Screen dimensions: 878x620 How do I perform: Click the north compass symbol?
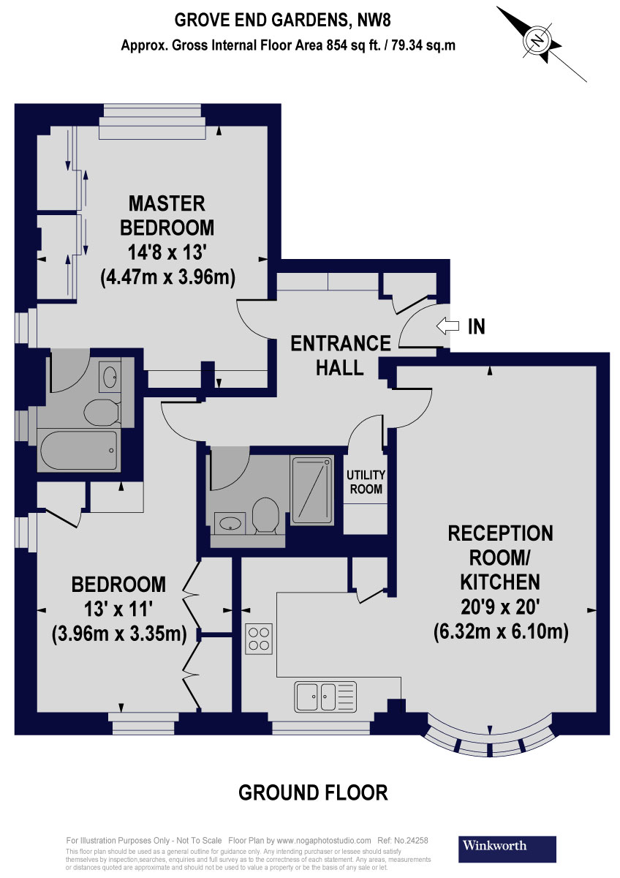click(x=540, y=40)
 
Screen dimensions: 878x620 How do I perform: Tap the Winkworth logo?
click(x=507, y=847)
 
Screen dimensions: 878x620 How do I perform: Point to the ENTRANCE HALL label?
click(x=340, y=355)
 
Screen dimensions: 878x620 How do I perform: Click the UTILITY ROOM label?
click(x=366, y=482)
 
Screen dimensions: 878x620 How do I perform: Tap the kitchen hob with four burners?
click(x=259, y=638)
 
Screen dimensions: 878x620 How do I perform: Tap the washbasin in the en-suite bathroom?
click(x=111, y=377)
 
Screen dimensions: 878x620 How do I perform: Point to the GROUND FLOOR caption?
click(x=313, y=792)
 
